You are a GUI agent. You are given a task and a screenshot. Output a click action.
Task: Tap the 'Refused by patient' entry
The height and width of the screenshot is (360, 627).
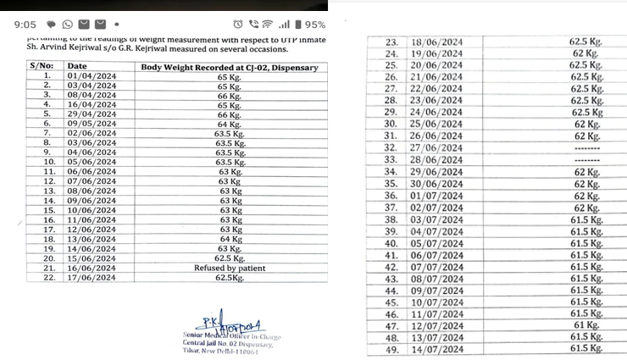(x=229, y=268)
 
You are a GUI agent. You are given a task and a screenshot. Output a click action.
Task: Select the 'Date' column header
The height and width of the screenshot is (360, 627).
(x=77, y=66)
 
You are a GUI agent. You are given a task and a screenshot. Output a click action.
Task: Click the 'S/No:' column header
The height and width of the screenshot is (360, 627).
(x=42, y=66)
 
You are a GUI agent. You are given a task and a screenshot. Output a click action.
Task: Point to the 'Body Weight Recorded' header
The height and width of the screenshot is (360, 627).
(x=229, y=66)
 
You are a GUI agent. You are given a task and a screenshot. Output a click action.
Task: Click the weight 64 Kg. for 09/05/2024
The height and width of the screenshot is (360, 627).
(x=229, y=124)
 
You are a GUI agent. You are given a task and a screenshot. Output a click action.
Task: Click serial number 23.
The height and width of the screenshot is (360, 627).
(x=391, y=42)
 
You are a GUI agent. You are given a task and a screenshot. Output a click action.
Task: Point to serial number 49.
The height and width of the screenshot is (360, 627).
(x=391, y=348)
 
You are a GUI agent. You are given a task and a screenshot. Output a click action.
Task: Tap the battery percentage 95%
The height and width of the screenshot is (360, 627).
(x=314, y=25)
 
